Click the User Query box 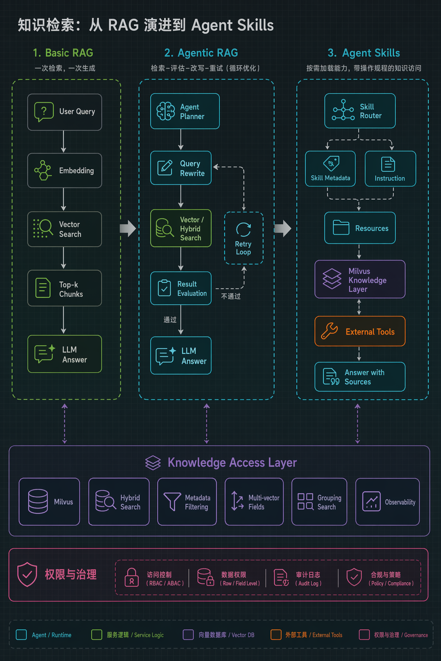click(65, 112)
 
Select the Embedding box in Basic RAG click(65, 170)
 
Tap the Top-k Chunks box click(65, 288)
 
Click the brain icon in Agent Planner click(165, 111)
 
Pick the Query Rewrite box click(181, 168)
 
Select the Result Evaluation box click(181, 288)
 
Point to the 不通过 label click(231, 296)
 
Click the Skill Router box click(360, 111)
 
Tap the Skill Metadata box click(330, 169)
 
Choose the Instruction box click(390, 169)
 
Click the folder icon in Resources click(341, 228)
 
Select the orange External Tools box click(360, 331)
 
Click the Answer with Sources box click(360, 377)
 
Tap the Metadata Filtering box click(187, 502)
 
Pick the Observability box click(388, 502)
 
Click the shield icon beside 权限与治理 click(27, 574)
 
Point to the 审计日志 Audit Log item click(298, 578)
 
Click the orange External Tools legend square click(276, 635)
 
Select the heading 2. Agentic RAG click(201, 53)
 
